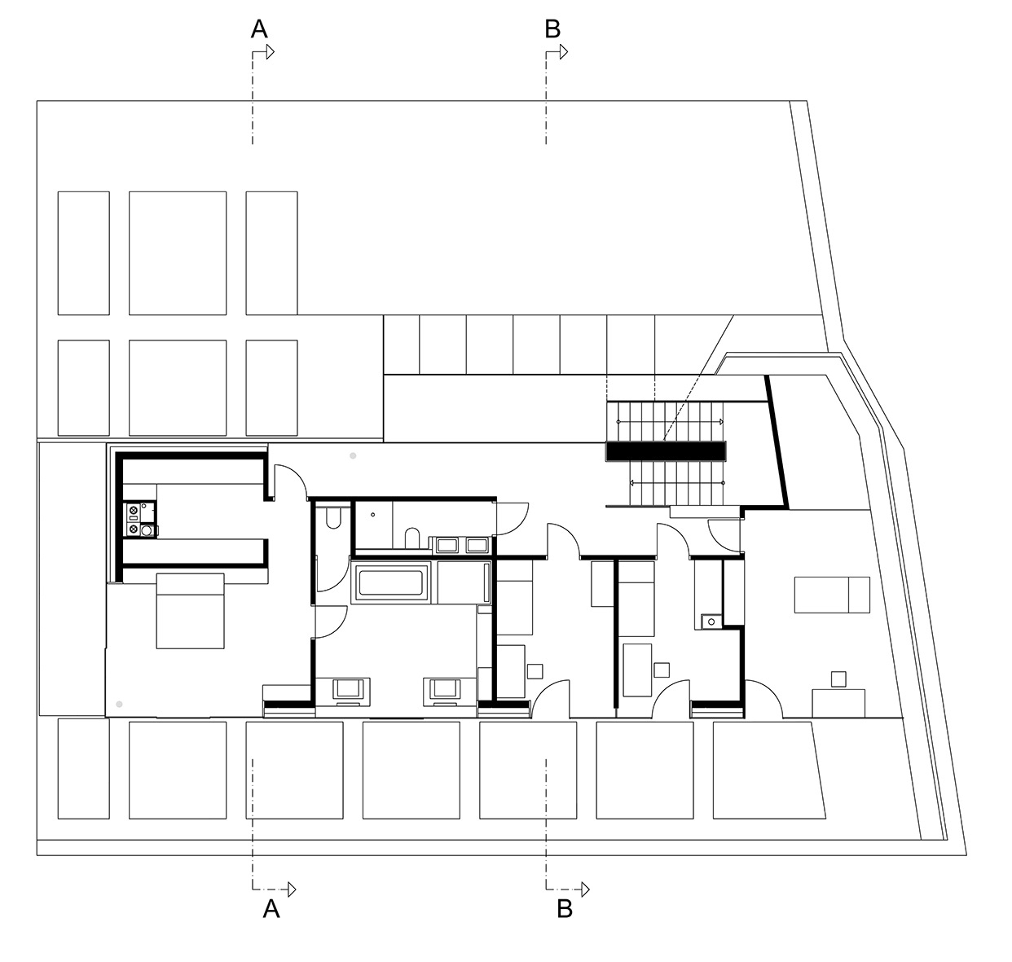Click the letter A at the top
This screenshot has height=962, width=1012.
pos(258,29)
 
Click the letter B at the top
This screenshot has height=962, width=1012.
pos(552,29)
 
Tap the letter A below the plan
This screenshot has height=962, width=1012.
pos(271,908)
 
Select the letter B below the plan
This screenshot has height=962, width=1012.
pos(564,908)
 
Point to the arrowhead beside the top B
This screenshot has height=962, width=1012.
pos(563,52)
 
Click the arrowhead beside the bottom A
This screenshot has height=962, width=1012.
pos(290,887)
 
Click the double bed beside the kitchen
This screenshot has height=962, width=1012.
pos(190,611)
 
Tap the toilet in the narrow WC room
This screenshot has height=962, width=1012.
pos(332,519)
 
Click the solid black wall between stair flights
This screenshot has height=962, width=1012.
pos(666,450)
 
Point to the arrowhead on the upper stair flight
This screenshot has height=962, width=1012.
pos(720,422)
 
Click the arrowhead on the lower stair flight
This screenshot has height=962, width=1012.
pos(632,482)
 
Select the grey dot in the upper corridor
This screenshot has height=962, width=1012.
pos(353,456)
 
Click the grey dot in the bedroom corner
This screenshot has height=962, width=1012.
pos(119,702)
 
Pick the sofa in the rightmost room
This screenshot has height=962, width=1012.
pos(832,595)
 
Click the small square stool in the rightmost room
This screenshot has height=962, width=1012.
pos(838,678)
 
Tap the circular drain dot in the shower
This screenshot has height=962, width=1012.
pos(372,514)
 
